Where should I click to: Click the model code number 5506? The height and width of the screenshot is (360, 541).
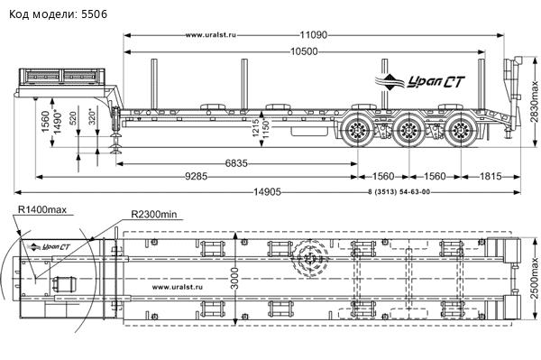click(x=94, y=14)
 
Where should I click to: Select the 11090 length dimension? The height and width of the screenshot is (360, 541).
click(x=313, y=35)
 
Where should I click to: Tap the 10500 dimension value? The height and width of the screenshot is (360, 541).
click(x=304, y=51)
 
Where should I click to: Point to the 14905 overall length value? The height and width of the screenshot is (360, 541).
click(x=268, y=191)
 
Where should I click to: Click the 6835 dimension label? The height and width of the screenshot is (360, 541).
click(x=236, y=163)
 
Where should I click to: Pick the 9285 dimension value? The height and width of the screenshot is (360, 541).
click(x=197, y=176)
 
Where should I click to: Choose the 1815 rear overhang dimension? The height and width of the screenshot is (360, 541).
click(x=491, y=176)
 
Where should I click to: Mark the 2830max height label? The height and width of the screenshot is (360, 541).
click(x=535, y=101)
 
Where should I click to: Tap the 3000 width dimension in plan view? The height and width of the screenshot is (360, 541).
click(x=234, y=278)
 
